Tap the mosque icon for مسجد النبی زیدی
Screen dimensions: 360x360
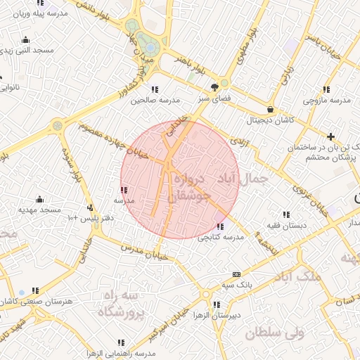pyautogui.click(x=26, y=40)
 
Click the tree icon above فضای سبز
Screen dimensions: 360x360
pyautogui.click(x=214, y=88)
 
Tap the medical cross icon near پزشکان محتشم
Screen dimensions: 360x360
pyautogui.click(x=331, y=136)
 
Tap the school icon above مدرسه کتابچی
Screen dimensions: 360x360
pyautogui.click(x=221, y=227)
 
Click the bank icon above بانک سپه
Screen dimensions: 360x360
pyautogui.click(x=236, y=274)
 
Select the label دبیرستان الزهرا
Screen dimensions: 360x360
pyautogui.click(x=214, y=316)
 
